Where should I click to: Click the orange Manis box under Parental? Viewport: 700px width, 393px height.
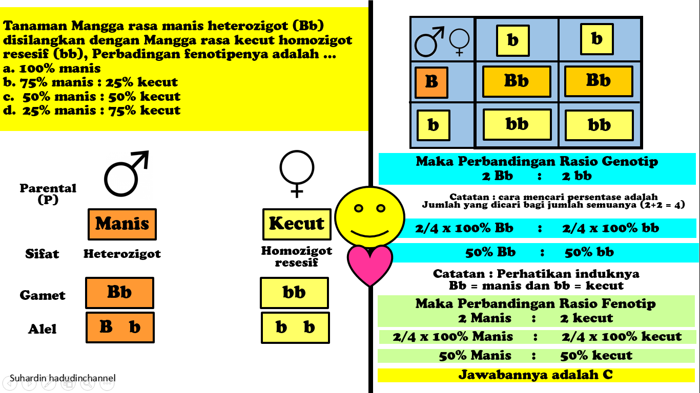click(122, 224)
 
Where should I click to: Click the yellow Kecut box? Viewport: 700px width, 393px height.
click(297, 224)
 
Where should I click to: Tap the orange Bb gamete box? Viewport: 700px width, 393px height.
click(119, 293)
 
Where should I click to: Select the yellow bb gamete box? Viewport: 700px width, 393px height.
click(294, 293)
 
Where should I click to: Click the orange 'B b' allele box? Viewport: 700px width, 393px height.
click(120, 327)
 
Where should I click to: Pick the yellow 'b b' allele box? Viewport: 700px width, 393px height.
click(295, 327)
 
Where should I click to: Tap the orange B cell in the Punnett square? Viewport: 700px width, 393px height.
click(431, 82)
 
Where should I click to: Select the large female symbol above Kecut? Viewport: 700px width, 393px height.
click(297, 173)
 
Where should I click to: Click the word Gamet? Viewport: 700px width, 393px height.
click(43, 295)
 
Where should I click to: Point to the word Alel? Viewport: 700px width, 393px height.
click(43, 329)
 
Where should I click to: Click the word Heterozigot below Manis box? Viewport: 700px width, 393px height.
click(122, 254)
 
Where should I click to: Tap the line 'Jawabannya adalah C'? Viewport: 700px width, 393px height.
click(536, 375)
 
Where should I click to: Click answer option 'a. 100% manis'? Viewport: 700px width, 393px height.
click(52, 68)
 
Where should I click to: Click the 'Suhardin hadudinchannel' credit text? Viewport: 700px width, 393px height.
click(63, 378)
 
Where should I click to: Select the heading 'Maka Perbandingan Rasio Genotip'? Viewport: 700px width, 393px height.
click(537, 162)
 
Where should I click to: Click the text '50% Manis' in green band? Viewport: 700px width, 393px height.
click(475, 356)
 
